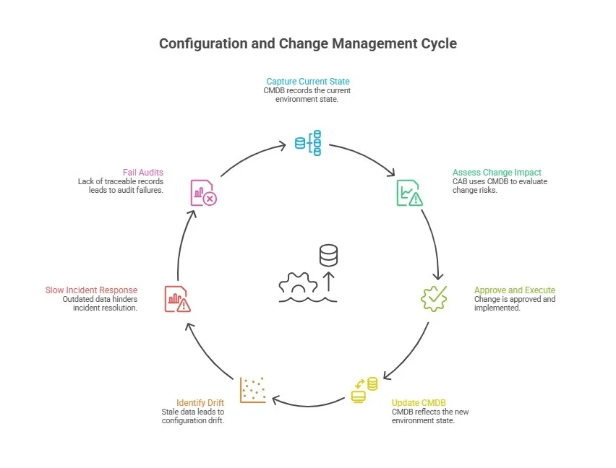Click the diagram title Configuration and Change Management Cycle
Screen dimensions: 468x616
pos(307,43)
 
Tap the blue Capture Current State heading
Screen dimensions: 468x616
pos(307,82)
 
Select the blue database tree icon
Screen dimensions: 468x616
pos(308,144)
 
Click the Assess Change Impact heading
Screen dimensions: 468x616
pos(497,173)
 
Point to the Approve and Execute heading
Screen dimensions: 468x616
pos(514,290)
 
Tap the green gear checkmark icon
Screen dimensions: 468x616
pos(435,298)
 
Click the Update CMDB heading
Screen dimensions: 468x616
pos(420,402)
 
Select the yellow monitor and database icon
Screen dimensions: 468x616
pos(364,390)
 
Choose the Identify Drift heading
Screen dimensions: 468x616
pos(201,402)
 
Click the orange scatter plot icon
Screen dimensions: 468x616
pos(253,389)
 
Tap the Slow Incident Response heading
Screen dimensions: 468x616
pos(91,290)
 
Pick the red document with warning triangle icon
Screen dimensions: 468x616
pos(176,298)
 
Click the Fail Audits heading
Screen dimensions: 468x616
pos(143,173)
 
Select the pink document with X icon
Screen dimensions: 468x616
pos(203,193)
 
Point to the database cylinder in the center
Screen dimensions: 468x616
pos(328,254)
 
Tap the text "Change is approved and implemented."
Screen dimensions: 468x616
pos(514,303)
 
